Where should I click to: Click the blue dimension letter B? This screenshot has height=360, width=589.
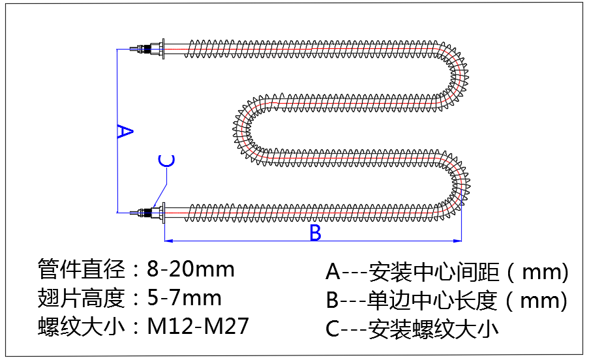coord(315,233)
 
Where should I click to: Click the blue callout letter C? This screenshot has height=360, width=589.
coord(167,161)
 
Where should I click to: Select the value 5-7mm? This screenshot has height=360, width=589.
coord(185,298)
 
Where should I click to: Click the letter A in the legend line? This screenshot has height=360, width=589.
coord(333,270)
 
